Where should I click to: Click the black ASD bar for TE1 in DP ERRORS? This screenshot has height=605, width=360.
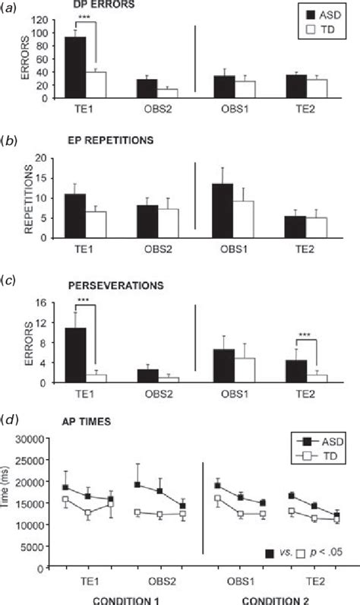pos(74,68)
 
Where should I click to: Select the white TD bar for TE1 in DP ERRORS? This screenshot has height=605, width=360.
pos(96,84)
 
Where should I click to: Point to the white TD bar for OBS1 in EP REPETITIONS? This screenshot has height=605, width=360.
pos(244,219)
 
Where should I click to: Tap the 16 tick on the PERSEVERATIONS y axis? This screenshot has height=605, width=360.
pos(43,302)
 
